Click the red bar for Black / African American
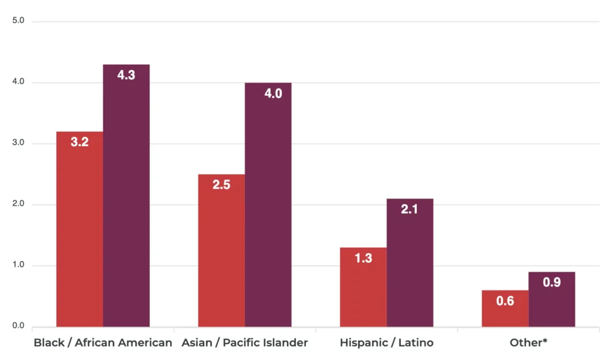click(80, 229)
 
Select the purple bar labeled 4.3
click(126, 195)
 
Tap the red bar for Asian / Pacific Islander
click(221, 250)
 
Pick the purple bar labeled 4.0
click(268, 204)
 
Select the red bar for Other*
click(505, 308)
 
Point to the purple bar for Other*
click(552, 299)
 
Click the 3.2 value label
click(80, 143)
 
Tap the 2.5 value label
click(221, 185)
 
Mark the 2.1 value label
click(410, 209)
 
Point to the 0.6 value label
click(505, 301)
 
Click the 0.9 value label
click(552, 283)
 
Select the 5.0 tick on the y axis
click(18, 21)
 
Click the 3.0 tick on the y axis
click(18, 143)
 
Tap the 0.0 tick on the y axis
click(18, 326)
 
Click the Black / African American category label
click(103, 343)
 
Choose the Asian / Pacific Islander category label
click(245, 343)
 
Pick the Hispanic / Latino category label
click(387, 343)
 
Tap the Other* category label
click(528, 343)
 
